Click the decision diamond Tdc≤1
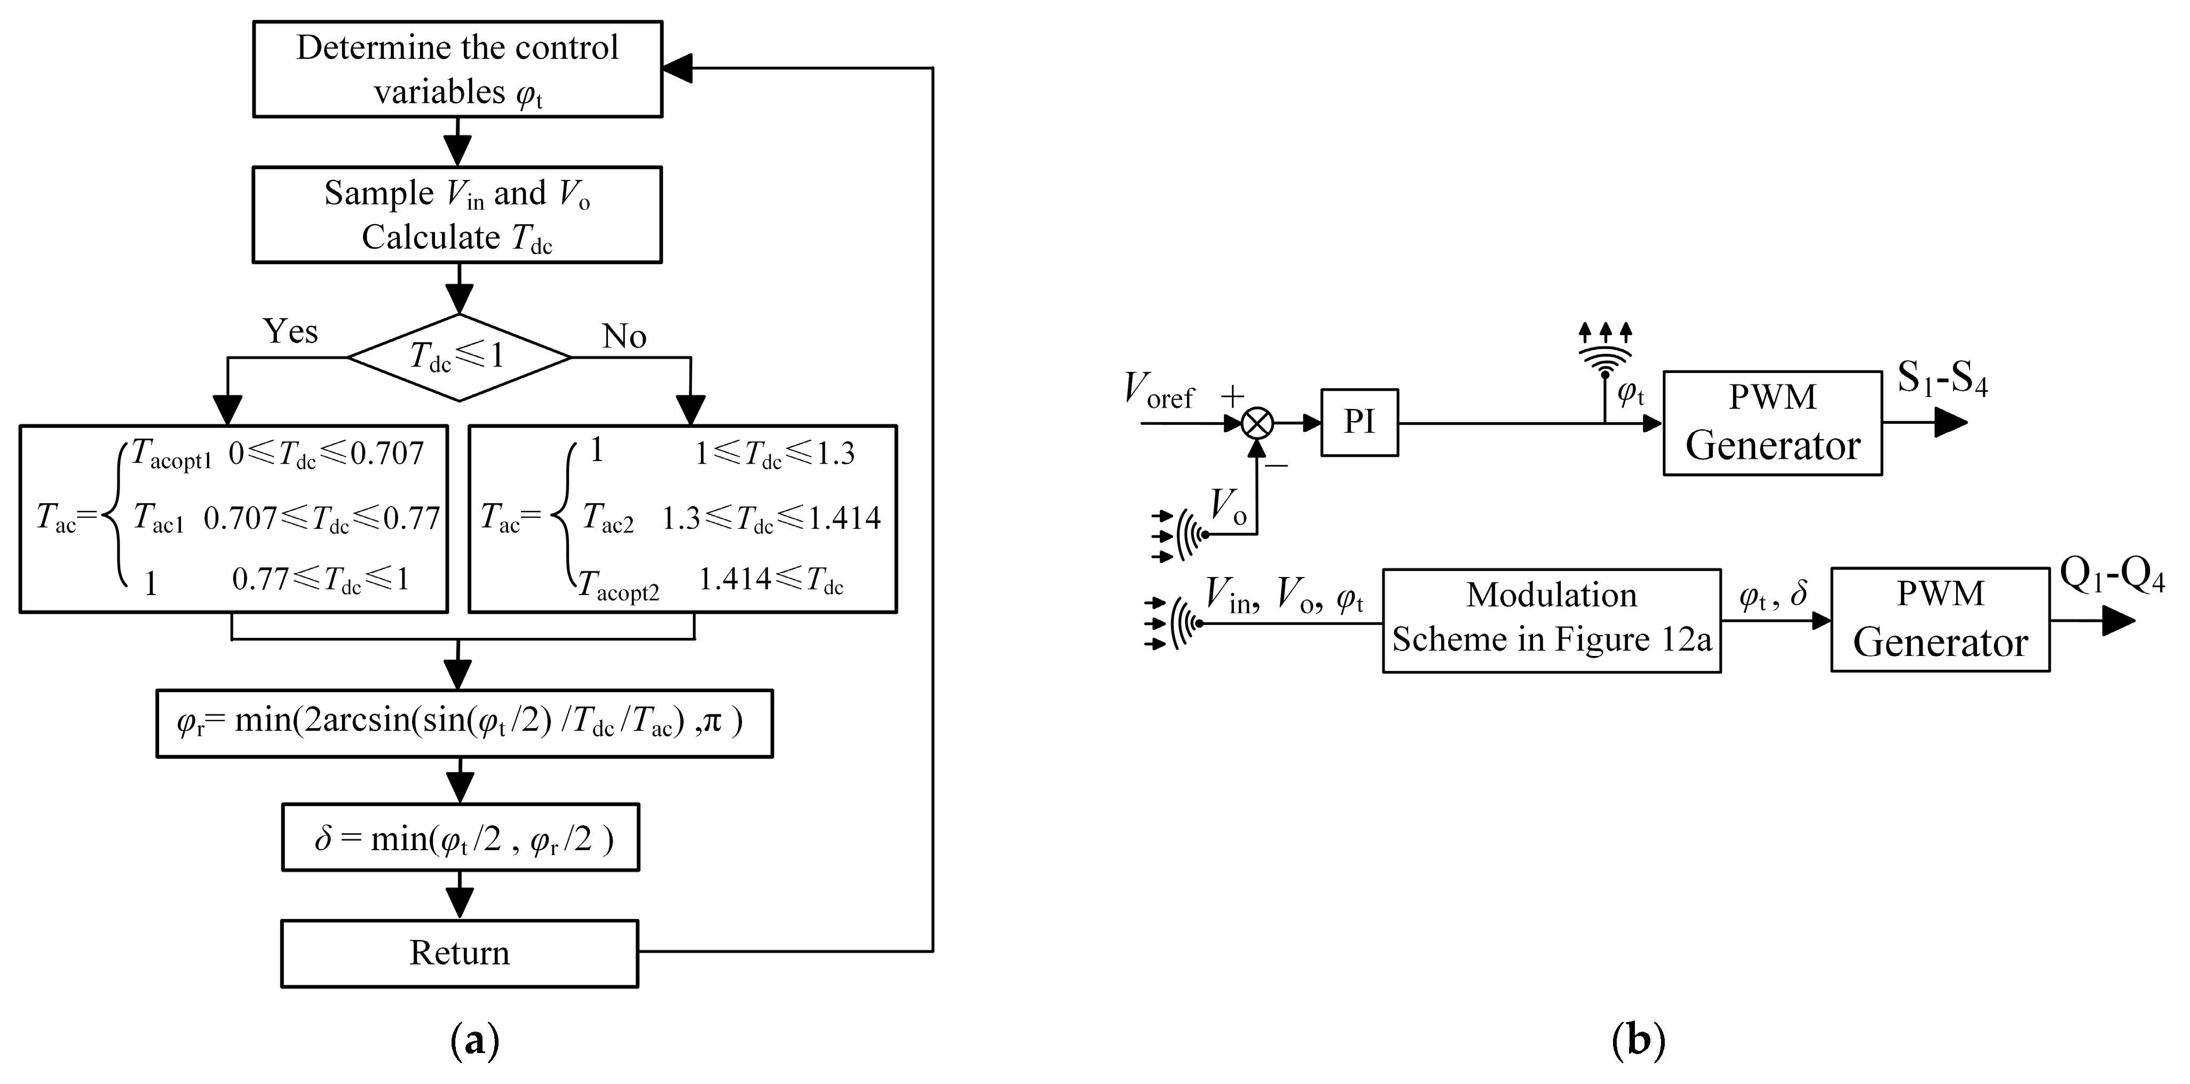pyautogui.click(x=459, y=357)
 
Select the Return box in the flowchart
pyautogui.click(x=459, y=953)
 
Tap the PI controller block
pyautogui.click(x=1358, y=423)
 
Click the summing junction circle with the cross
pyautogui.click(x=1256, y=423)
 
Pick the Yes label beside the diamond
pyautogui.click(x=291, y=331)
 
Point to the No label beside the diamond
pyautogui.click(x=624, y=337)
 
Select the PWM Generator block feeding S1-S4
pyautogui.click(x=1772, y=423)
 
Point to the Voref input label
pyautogui.click(x=1158, y=391)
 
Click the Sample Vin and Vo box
pyautogui.click(x=457, y=214)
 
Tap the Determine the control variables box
pyautogui.click(x=457, y=69)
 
